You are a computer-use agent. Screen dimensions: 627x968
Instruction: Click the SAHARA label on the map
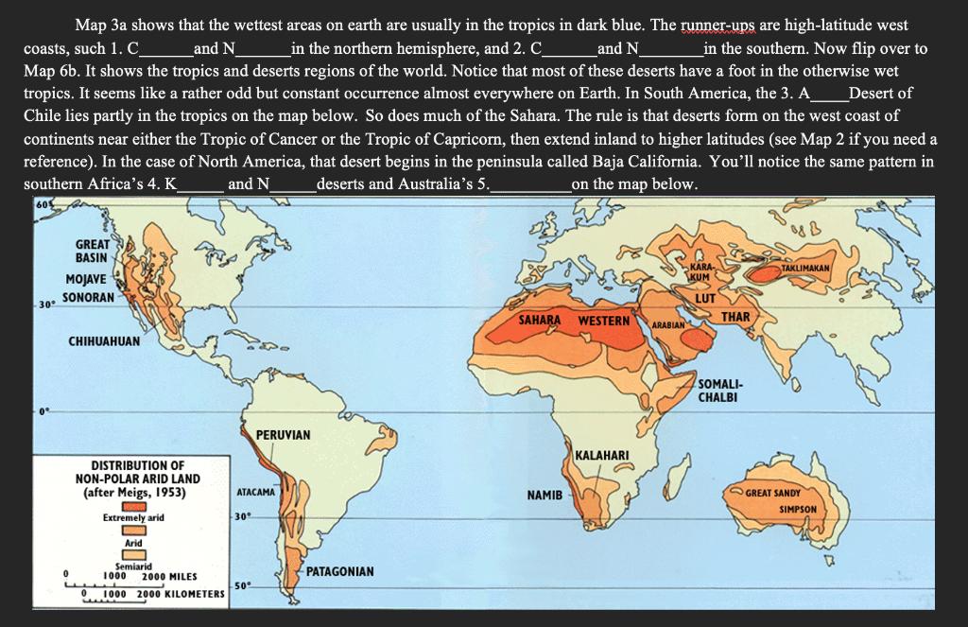click(x=541, y=321)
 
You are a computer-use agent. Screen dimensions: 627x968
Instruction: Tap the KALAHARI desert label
click(x=602, y=457)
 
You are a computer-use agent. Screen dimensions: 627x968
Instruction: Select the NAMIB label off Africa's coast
click(x=544, y=495)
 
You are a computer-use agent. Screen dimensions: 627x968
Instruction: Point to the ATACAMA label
click(x=254, y=493)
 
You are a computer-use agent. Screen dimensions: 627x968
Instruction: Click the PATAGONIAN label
click(x=340, y=572)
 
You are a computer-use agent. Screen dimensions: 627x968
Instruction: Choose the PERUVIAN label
click(x=283, y=434)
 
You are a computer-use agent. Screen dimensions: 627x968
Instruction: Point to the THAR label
click(x=735, y=316)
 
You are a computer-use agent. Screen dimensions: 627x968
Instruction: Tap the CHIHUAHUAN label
click(x=104, y=340)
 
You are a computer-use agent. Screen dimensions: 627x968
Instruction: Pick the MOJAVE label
click(x=86, y=279)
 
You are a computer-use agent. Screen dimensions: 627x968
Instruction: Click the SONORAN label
click(x=89, y=297)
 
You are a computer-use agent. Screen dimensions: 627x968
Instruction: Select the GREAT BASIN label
click(x=92, y=251)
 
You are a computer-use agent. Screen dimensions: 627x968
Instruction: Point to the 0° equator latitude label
click(x=43, y=412)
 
